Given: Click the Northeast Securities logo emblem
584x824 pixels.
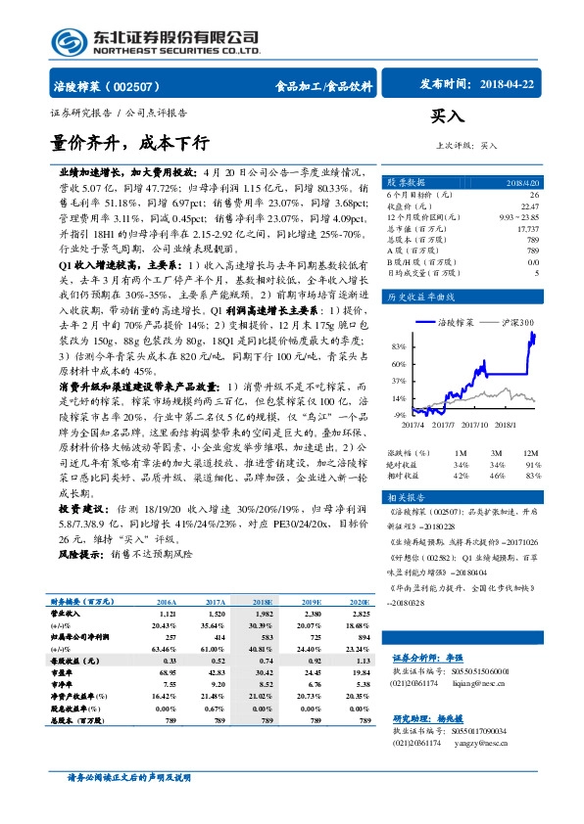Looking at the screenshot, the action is [x=70, y=40].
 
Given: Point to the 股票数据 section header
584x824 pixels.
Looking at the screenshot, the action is [x=406, y=183].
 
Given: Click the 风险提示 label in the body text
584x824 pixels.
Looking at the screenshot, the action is [x=79, y=552].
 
